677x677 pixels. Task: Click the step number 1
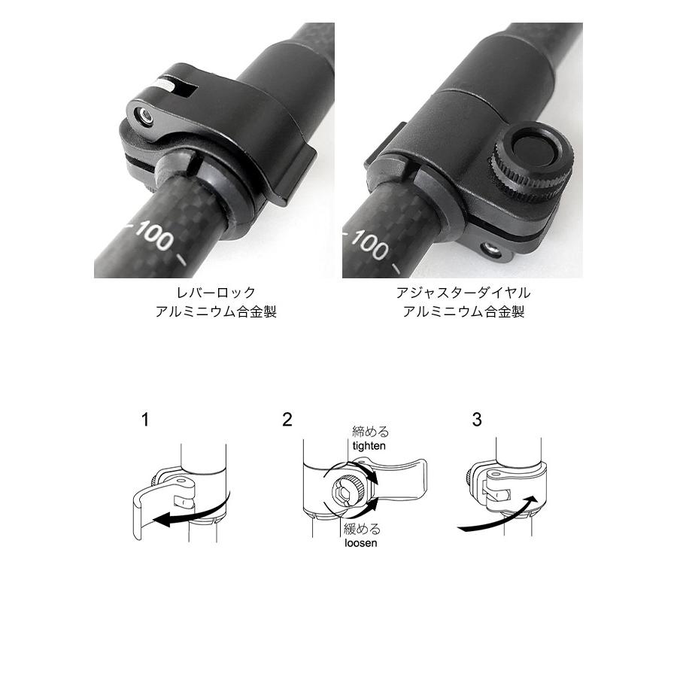point(145,420)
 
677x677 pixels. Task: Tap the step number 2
point(287,420)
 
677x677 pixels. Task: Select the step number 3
point(477,420)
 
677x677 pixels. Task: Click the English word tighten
point(369,445)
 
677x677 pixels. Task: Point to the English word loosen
point(361,542)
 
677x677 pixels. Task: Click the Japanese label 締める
point(370,431)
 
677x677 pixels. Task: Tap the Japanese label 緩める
point(363,529)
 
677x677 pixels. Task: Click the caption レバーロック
point(216,293)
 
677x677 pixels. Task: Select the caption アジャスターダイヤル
point(463,293)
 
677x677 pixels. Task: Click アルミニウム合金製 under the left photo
point(216,311)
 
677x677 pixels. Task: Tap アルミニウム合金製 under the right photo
point(463,311)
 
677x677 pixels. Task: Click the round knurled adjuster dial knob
point(532,164)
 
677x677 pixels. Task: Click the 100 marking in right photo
point(369,244)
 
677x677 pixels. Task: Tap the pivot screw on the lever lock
point(145,116)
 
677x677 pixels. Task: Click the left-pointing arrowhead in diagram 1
point(162,521)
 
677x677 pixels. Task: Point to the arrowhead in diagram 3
point(533,502)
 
